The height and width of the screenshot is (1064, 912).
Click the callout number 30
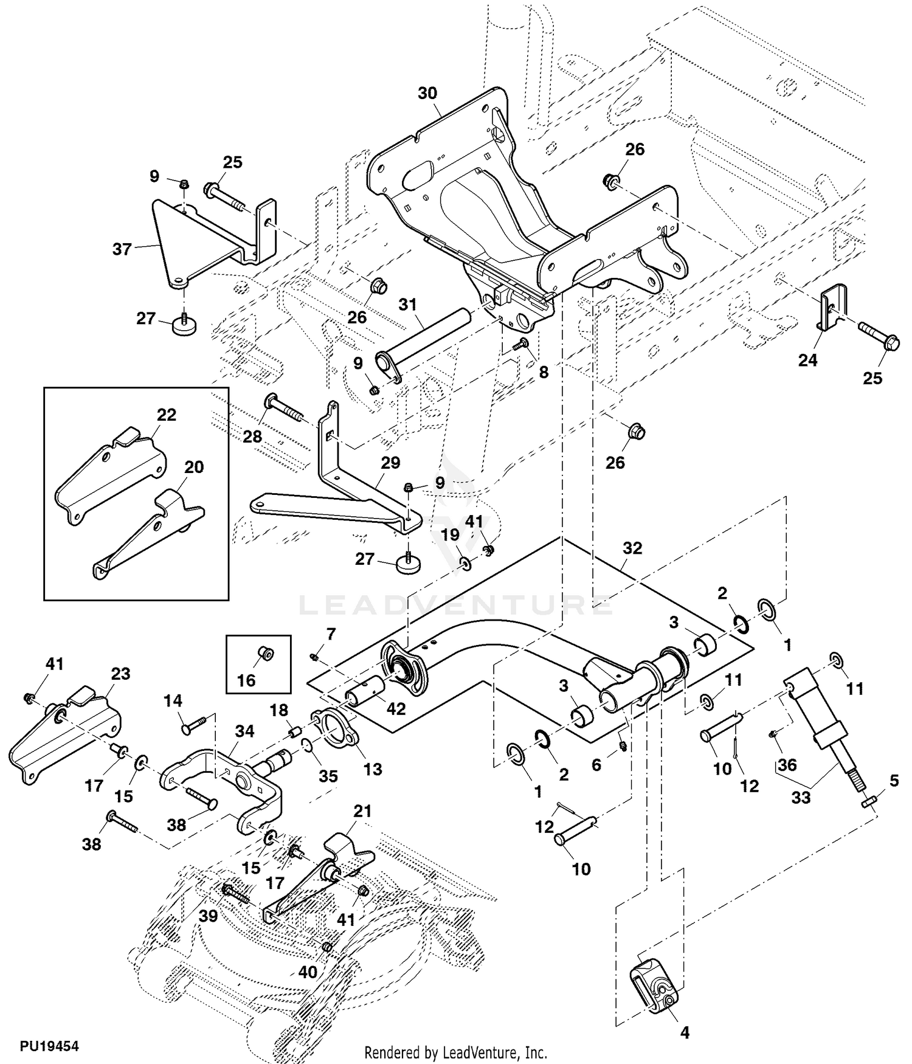pos(427,93)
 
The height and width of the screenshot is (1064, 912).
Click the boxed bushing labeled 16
pos(266,655)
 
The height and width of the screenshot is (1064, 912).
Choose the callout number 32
pos(632,548)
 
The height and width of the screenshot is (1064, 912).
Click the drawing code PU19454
pos(49,1046)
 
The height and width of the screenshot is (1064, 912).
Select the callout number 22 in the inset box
pos(166,415)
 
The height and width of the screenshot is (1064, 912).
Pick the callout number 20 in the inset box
pos(194,468)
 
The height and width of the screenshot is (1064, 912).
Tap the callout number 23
pos(120,674)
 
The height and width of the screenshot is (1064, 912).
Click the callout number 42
pos(396,709)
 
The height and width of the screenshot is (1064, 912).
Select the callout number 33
pos(801,797)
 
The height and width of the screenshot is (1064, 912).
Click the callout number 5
pos(893,781)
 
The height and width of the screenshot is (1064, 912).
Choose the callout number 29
pos(390,463)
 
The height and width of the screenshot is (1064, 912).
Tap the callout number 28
pos(252,436)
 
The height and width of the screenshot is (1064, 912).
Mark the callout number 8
pos(544,372)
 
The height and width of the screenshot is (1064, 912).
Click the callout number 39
pos(208,916)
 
